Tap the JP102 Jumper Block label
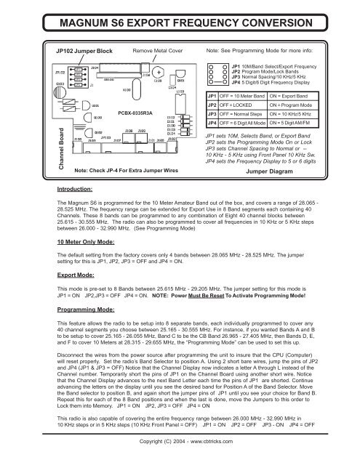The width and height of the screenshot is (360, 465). click(x=79, y=52)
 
